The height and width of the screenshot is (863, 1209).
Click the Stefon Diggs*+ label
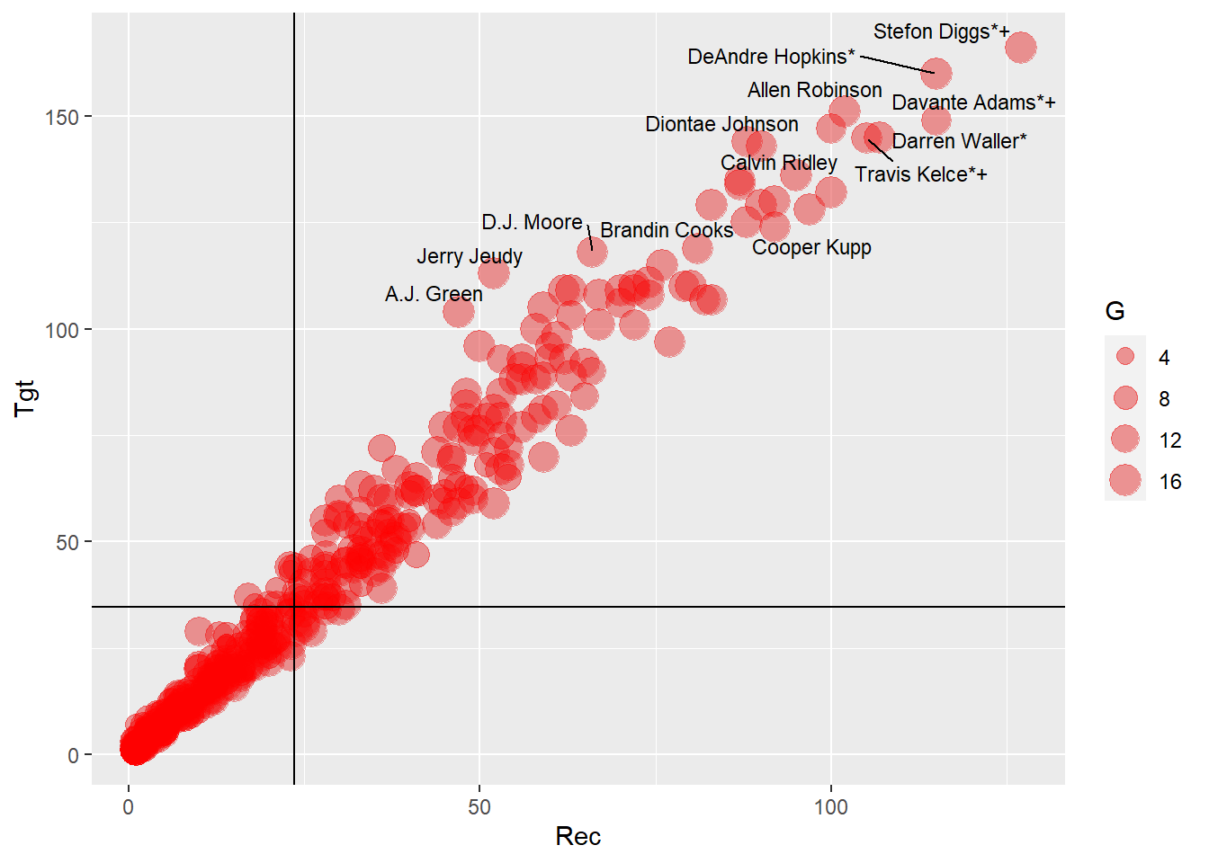(x=941, y=32)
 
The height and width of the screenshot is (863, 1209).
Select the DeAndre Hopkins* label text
(x=771, y=58)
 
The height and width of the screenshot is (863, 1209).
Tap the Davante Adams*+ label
(x=973, y=103)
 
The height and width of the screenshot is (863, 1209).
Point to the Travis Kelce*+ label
(x=920, y=174)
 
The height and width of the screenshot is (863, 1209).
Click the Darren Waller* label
(x=959, y=141)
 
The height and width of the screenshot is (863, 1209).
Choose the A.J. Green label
(x=434, y=294)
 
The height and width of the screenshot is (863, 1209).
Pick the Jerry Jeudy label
(x=469, y=257)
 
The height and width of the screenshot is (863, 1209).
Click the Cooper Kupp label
(x=811, y=247)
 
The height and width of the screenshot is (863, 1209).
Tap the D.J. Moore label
(x=532, y=222)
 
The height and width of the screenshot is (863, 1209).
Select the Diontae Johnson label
(x=721, y=124)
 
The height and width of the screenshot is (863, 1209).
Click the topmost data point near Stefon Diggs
(x=1020, y=47)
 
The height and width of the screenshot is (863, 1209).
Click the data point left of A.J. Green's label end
(x=459, y=312)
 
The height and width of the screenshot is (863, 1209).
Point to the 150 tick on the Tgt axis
(x=67, y=117)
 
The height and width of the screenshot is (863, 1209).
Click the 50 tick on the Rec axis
(x=479, y=806)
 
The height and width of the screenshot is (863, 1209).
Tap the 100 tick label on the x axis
(x=830, y=806)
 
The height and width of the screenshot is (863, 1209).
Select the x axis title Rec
(x=578, y=837)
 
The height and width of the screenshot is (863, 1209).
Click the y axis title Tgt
(x=24, y=397)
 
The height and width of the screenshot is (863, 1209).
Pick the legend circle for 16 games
(x=1125, y=481)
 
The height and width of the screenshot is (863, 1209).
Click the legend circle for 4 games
(x=1125, y=357)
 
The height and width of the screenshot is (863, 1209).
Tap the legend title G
(x=1115, y=311)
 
